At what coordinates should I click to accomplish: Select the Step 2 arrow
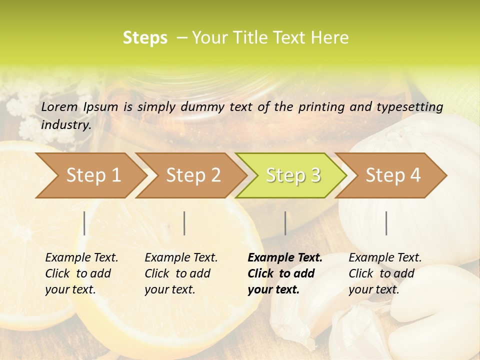pos(193,175)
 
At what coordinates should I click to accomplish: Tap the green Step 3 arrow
pos(293,175)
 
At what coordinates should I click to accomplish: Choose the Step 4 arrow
pos(393,175)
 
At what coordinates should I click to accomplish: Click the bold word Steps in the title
pos(145,37)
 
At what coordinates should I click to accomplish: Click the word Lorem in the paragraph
pos(59,106)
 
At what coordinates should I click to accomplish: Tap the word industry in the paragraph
pos(66,124)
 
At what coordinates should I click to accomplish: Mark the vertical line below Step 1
pos(84,223)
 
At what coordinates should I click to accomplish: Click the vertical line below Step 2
pos(184,223)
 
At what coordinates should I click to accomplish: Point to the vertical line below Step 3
pos(285,223)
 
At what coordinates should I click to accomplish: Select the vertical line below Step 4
pos(386,223)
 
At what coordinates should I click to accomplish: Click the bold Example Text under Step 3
pos(285,257)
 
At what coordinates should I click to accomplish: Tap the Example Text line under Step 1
pos(81,257)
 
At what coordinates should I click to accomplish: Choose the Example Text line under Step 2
pos(181,257)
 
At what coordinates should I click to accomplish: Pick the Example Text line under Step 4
pos(385,257)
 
